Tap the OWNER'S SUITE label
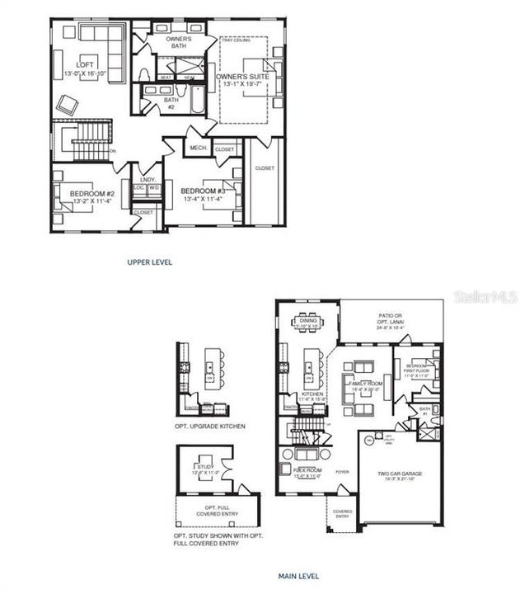(243, 78)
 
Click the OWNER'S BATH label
(179, 42)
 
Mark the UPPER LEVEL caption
(149, 262)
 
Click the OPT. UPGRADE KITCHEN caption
(210, 426)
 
